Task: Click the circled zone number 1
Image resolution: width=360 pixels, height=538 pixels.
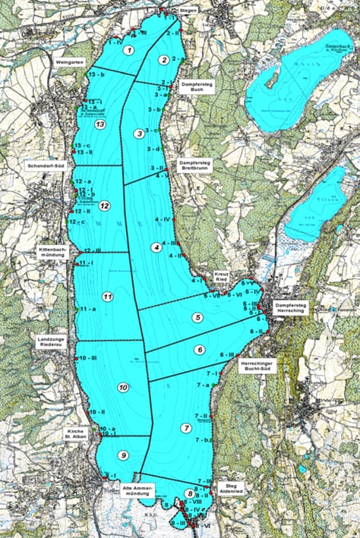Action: tap(129, 50)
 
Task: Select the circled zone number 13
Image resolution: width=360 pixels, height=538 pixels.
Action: tap(99, 124)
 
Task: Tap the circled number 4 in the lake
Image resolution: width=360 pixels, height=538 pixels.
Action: tap(156, 247)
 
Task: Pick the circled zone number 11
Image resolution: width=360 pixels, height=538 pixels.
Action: tap(107, 296)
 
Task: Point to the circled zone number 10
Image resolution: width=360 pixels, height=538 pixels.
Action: tap(123, 388)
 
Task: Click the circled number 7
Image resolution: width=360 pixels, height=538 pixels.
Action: tap(185, 428)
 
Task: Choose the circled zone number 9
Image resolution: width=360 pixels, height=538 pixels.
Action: tap(123, 455)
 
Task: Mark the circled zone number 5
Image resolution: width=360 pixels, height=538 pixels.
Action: tap(197, 318)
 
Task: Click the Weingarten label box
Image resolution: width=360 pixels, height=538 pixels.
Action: tap(70, 63)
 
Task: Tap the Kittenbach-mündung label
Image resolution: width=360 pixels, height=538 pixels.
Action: tap(50, 252)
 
